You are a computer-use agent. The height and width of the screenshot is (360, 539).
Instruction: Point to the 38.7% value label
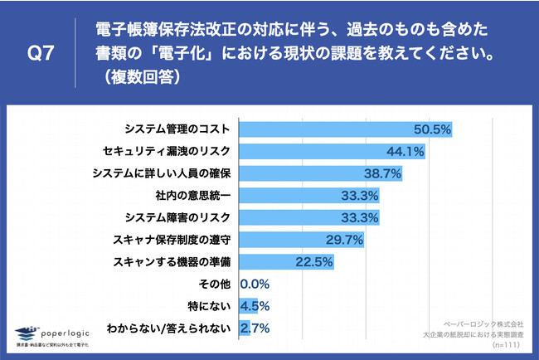click(383, 173)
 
